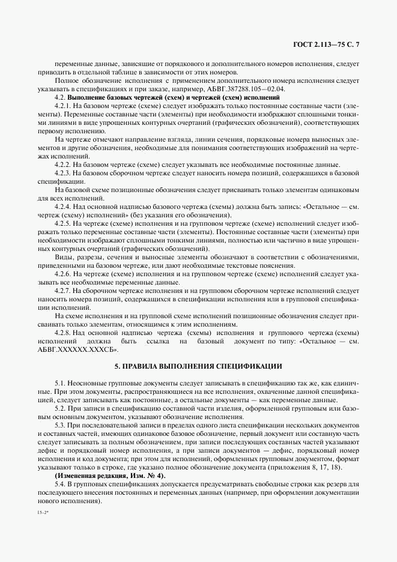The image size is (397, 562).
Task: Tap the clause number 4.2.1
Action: [x=63, y=106]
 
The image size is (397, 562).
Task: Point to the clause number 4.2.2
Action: [x=63, y=165]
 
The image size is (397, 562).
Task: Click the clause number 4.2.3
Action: [x=63, y=173]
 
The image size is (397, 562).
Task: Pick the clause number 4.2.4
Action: [x=63, y=206]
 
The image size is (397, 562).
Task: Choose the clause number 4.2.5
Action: [x=63, y=223]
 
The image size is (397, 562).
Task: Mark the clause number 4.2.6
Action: [x=63, y=273]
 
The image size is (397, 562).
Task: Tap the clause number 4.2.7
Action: [x=63, y=290]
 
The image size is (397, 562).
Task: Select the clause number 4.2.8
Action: [x=63, y=332]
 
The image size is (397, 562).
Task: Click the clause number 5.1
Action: [x=61, y=382]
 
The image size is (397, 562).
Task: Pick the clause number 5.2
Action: [x=61, y=407]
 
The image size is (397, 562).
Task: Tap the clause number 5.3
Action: [x=61, y=424]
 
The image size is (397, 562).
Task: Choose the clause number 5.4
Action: [x=61, y=483]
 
